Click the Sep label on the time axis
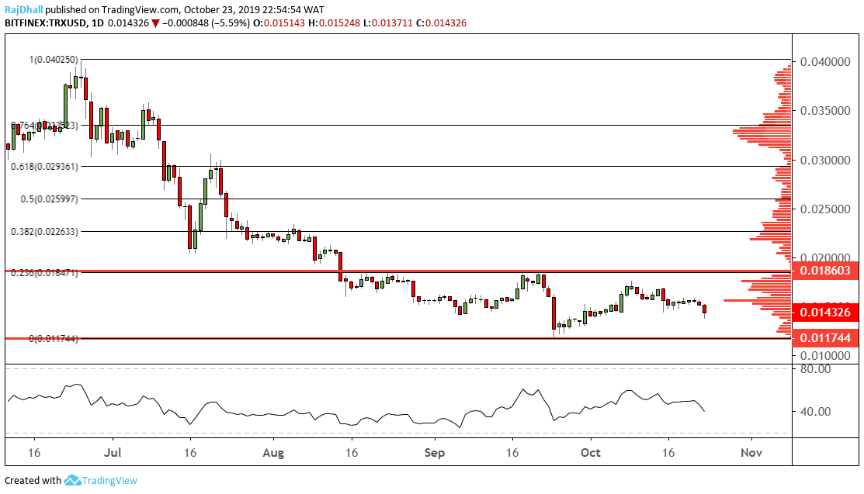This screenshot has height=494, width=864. coord(435,452)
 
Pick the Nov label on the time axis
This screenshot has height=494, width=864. coord(750,452)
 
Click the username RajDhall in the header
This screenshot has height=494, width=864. coord(25,10)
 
